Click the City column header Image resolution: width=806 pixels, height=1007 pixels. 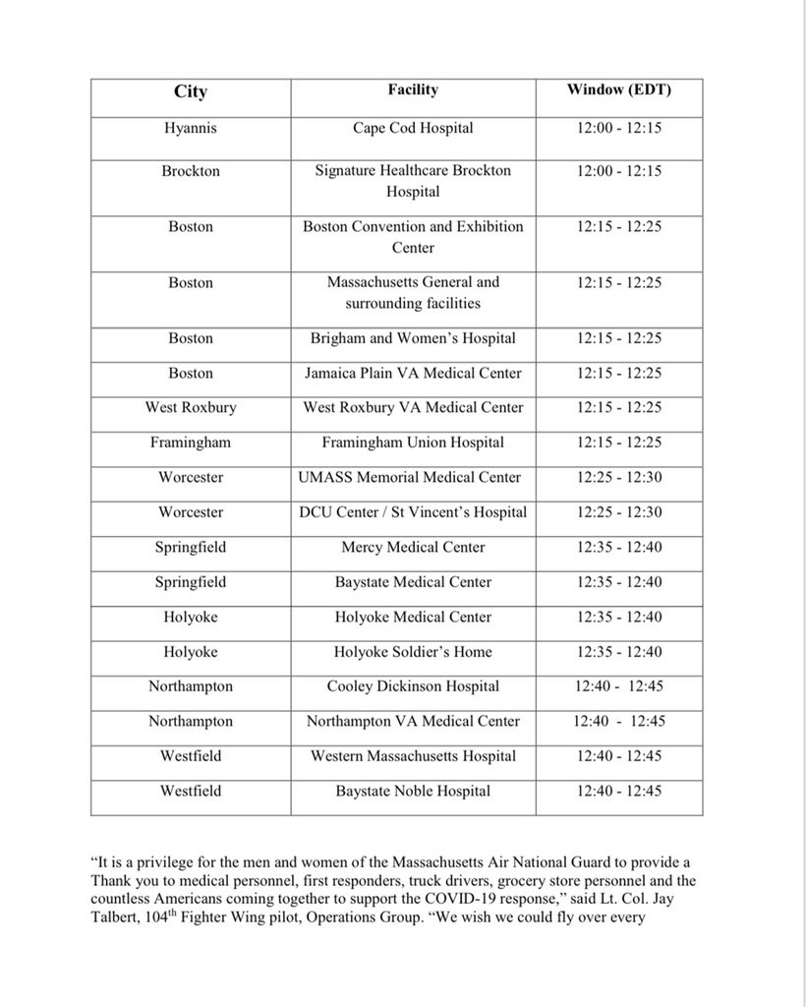click(x=191, y=91)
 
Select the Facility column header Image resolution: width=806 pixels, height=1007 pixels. click(x=413, y=90)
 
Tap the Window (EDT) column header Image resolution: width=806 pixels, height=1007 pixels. click(x=619, y=90)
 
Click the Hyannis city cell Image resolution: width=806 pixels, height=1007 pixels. click(x=191, y=128)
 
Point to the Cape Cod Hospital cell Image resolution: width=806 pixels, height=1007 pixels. click(x=413, y=128)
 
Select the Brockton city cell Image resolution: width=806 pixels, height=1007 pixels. click(x=191, y=171)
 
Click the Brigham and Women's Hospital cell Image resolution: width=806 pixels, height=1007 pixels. click(x=413, y=338)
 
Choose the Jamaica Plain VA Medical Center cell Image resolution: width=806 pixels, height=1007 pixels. click(x=413, y=374)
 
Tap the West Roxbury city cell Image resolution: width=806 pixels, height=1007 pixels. click(x=191, y=408)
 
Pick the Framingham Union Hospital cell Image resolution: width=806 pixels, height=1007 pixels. click(x=413, y=443)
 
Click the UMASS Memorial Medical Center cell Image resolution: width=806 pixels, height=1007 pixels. click(x=413, y=478)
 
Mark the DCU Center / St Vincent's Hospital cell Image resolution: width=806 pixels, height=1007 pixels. click(x=413, y=512)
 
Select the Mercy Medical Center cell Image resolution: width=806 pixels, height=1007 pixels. click(x=413, y=548)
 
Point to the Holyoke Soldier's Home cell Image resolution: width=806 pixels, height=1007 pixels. click(x=413, y=652)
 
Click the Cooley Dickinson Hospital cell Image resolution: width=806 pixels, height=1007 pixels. click(x=413, y=686)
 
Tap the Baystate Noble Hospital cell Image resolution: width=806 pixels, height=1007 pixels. click(x=413, y=791)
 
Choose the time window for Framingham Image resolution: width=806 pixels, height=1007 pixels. click(x=619, y=443)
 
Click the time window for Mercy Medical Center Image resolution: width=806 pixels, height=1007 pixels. click(x=619, y=548)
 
